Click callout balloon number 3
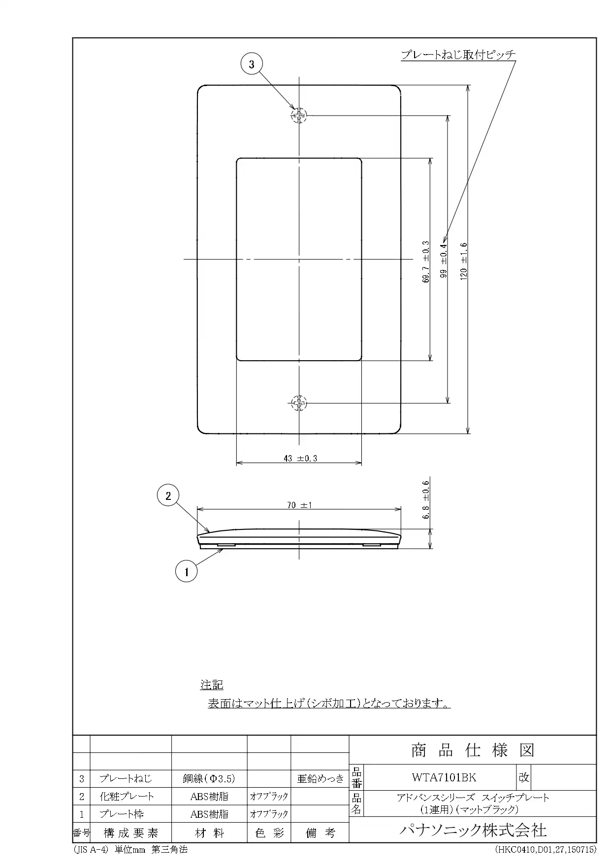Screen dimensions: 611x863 pyautogui.click(x=252, y=64)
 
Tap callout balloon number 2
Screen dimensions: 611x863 pyautogui.click(x=168, y=495)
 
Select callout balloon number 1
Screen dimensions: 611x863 pyautogui.click(x=186, y=572)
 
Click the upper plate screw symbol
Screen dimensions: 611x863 pyautogui.click(x=299, y=116)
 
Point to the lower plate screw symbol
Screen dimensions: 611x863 pyautogui.click(x=299, y=403)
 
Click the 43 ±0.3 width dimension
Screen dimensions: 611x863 pyautogui.click(x=300, y=458)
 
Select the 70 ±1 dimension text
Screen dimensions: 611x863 pyautogui.click(x=300, y=505)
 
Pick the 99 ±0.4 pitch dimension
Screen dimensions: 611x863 pyautogui.click(x=444, y=261)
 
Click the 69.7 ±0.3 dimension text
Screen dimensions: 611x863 pyautogui.click(x=425, y=262)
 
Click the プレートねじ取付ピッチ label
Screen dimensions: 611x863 pyautogui.click(x=458, y=55)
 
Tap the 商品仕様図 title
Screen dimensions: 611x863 pyautogui.click(x=473, y=750)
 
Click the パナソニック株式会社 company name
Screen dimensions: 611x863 pyautogui.click(x=473, y=830)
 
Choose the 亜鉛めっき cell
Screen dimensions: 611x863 pyautogui.click(x=320, y=778)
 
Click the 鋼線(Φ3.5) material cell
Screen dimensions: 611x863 pyautogui.click(x=209, y=778)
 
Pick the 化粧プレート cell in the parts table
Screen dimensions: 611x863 pyautogui.click(x=127, y=796)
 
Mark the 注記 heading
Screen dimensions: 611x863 pyautogui.click(x=212, y=684)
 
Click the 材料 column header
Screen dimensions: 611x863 pyautogui.click(x=209, y=832)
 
